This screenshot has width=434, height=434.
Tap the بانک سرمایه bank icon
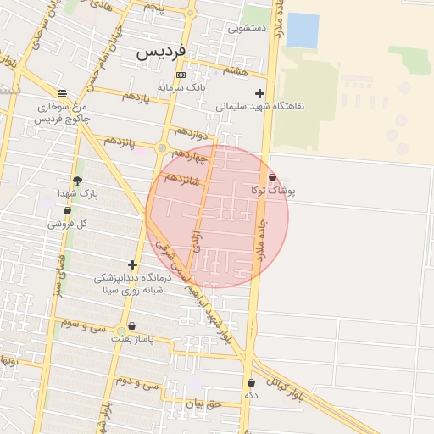pos(180,75)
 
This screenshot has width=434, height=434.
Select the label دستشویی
pos(248,28)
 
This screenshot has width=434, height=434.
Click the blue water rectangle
pos(303,31)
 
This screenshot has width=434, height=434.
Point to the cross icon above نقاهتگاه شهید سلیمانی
pos(259,94)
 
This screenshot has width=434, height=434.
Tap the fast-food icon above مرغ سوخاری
pos(62,94)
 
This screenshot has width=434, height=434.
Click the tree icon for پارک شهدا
pos(78,181)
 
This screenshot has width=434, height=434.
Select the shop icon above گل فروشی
pos(68,210)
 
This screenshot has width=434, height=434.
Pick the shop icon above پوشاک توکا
pos(272,178)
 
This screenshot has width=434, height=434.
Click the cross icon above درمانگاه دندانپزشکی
pos(131,264)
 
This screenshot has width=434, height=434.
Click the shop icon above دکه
pos(251,382)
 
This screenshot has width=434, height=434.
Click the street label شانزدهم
pos(181,178)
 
